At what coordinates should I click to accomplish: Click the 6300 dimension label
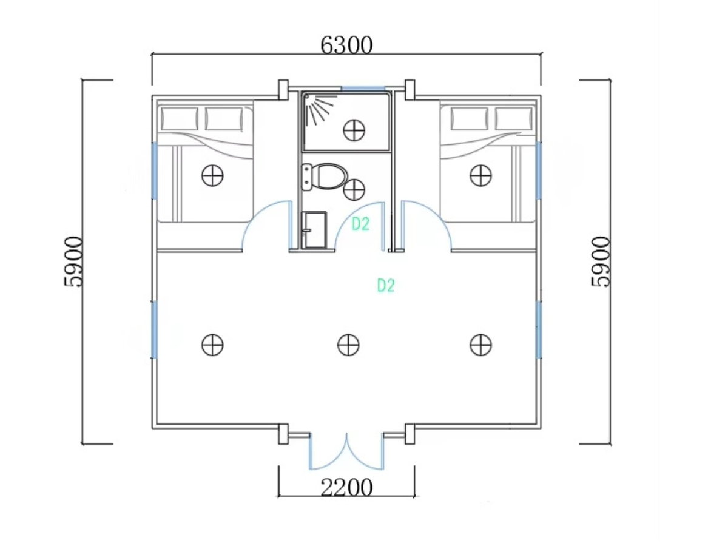(x=346, y=45)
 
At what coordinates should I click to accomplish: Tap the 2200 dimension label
(x=346, y=488)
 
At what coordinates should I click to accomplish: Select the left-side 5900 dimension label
(x=73, y=261)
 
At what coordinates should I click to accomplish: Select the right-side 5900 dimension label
(x=601, y=261)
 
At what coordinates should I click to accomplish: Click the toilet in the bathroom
(x=325, y=177)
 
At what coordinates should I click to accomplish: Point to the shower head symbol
(x=318, y=109)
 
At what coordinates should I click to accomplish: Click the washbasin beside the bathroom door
(x=314, y=229)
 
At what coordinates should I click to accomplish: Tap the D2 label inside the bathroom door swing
(x=360, y=224)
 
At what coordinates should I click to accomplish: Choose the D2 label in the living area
(x=386, y=285)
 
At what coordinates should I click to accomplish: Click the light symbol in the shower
(x=354, y=130)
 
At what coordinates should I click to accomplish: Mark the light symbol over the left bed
(x=212, y=175)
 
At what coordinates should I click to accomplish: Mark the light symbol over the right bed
(x=480, y=175)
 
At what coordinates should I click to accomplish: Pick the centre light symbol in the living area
(x=348, y=345)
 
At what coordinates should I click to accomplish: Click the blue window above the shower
(x=363, y=88)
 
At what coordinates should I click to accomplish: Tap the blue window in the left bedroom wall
(x=154, y=170)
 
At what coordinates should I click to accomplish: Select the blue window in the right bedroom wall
(x=539, y=170)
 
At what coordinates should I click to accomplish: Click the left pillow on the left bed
(x=180, y=119)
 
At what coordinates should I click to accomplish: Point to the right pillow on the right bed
(x=513, y=119)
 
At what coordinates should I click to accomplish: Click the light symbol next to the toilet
(x=354, y=189)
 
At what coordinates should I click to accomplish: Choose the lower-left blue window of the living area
(x=154, y=330)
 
